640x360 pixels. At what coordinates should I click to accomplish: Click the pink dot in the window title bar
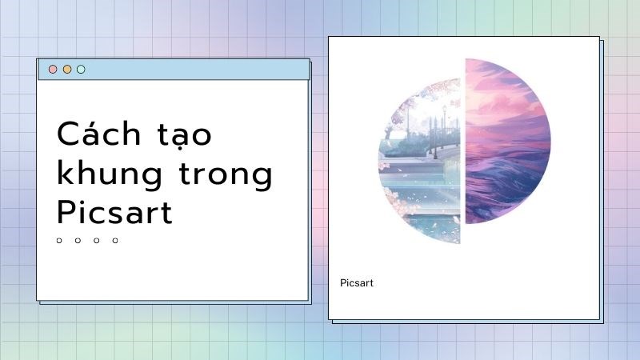[x=53, y=70]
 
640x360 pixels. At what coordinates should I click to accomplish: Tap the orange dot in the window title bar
[x=67, y=70]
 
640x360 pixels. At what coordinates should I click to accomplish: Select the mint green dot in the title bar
[x=81, y=70]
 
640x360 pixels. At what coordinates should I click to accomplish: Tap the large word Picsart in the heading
[x=114, y=213]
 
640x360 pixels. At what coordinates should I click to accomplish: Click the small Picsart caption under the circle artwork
[x=357, y=283]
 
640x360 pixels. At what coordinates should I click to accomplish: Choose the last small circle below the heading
[x=115, y=240]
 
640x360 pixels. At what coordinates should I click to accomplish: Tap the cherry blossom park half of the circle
[x=420, y=160]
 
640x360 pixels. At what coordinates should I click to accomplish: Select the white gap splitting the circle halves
[x=462, y=152]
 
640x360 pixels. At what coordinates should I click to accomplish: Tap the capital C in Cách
[x=66, y=133]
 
